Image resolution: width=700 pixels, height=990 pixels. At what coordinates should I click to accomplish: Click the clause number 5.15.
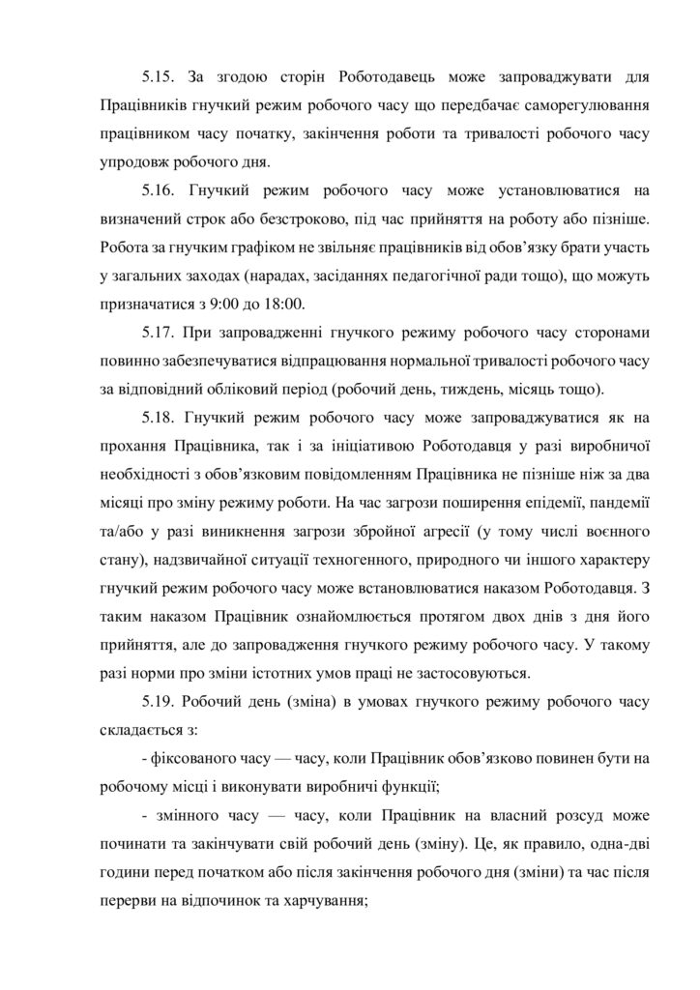pyautogui.click(x=159, y=74)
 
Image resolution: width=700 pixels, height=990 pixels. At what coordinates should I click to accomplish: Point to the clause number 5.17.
pyautogui.click(x=159, y=334)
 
